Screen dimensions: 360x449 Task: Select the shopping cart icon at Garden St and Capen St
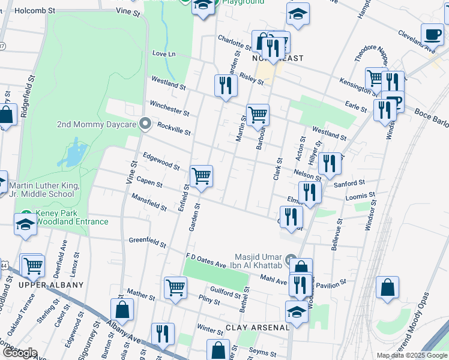pyautogui.click(x=201, y=176)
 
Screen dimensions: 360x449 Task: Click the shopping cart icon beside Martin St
pyautogui.click(x=258, y=114)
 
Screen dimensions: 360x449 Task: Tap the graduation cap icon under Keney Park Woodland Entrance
pyautogui.click(x=25, y=226)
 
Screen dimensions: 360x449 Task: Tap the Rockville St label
pyautogui.click(x=173, y=128)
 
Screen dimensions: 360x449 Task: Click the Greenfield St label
pyautogui.click(x=147, y=242)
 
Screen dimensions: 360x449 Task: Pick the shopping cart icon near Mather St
pyautogui.click(x=175, y=287)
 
